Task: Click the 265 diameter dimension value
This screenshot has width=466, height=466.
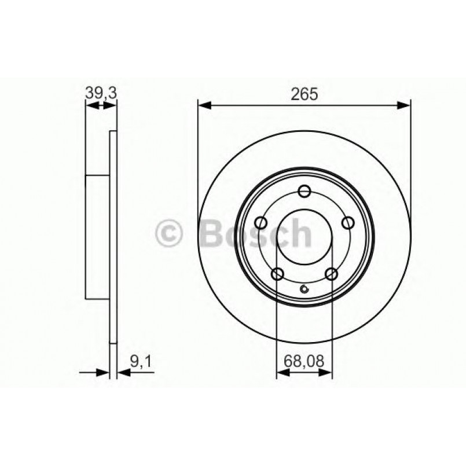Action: click(305, 94)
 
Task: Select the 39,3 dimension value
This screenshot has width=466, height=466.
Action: click(101, 91)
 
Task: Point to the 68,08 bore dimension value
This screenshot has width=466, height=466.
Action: click(304, 363)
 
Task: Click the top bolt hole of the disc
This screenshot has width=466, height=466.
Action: click(304, 192)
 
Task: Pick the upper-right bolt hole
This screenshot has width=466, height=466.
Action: click(347, 223)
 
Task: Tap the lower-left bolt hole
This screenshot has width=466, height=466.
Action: click(278, 274)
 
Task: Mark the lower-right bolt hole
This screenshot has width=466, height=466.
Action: click(331, 274)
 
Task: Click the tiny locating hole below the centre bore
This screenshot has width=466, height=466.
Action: click(304, 290)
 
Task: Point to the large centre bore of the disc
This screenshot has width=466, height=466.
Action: click(304, 237)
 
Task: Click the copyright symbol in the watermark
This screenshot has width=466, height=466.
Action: click(170, 234)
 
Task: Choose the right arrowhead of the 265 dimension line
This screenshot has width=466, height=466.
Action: click(405, 105)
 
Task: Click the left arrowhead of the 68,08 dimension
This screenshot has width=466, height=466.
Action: click(281, 373)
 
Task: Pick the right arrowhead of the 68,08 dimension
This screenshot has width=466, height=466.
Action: click(328, 373)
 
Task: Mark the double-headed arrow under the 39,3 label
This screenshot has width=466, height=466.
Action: click(101, 105)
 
